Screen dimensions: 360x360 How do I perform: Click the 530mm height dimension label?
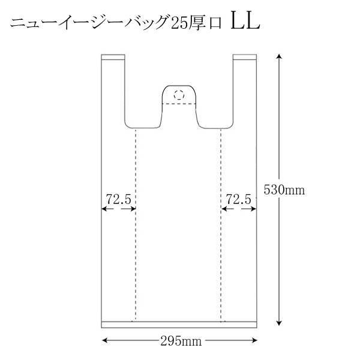(x=284, y=190)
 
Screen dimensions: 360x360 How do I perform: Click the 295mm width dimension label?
(x=181, y=341)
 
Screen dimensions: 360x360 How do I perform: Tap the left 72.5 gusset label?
(x=118, y=199)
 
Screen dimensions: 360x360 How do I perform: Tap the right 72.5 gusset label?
(x=239, y=199)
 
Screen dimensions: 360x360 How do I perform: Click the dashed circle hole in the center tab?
(x=179, y=95)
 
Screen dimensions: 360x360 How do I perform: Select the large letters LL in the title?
(x=245, y=22)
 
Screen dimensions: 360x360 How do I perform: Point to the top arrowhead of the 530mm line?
(x=279, y=57)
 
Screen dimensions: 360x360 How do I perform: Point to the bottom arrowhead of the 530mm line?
(x=279, y=323)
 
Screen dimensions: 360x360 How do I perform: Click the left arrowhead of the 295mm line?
(x=104, y=340)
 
